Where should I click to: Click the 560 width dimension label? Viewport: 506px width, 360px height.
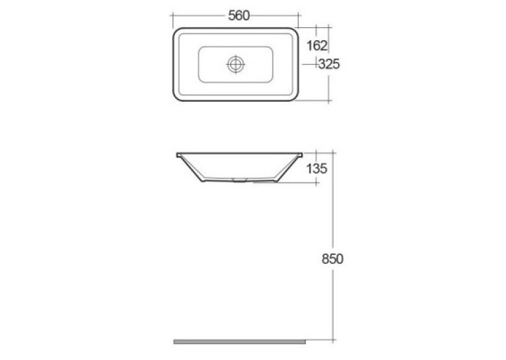[x=239, y=15]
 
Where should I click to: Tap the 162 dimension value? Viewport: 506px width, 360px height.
[x=317, y=46]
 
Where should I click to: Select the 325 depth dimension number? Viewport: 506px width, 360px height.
[x=329, y=64]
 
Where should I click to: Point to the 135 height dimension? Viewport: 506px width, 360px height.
[x=316, y=168]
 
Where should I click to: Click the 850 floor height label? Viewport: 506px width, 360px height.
[x=332, y=259]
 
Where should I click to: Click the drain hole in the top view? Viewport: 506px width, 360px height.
[x=236, y=64]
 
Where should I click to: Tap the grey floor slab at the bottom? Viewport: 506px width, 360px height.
[x=239, y=342]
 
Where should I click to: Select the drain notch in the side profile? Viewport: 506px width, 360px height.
[x=239, y=180]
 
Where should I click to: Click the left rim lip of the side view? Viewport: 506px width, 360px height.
[x=178, y=155]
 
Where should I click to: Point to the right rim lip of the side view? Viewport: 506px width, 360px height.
[x=300, y=155]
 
